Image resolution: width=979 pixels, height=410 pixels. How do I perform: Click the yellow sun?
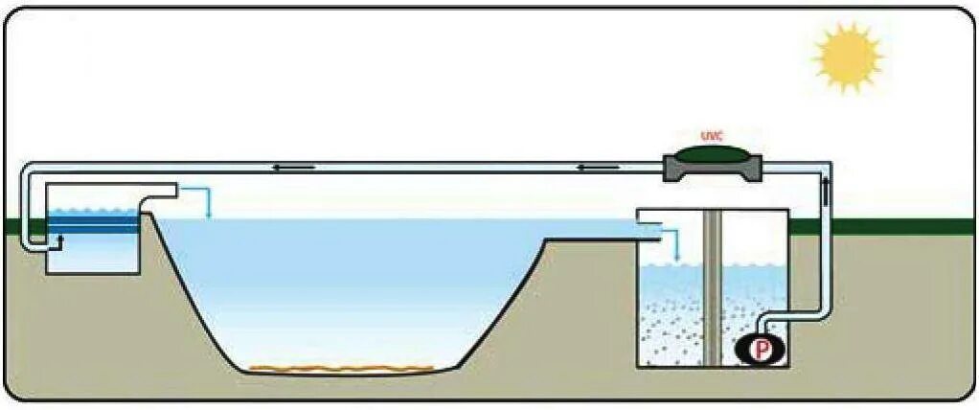point(848,57)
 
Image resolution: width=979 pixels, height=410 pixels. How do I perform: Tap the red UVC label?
point(712,136)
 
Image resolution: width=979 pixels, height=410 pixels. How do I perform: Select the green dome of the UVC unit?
point(712,153)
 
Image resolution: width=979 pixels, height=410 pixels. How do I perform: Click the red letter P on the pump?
point(762,350)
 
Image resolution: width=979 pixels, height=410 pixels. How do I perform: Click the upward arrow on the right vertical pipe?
point(827,187)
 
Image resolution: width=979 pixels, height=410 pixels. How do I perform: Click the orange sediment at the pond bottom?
point(340,367)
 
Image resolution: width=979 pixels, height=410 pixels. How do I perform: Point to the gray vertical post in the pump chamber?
point(711,287)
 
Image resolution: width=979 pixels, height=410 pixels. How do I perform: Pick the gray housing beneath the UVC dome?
point(712,171)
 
